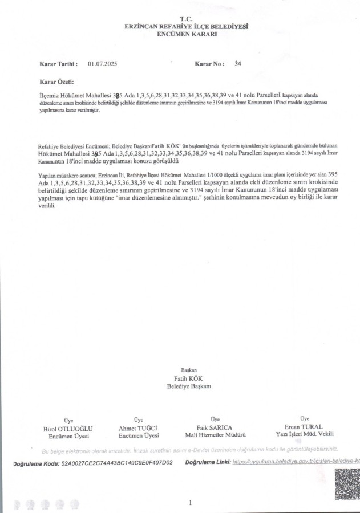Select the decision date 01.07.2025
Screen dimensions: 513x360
102,64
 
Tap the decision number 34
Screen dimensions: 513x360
238,64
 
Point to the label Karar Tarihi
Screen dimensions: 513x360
58,64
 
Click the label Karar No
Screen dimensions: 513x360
209,64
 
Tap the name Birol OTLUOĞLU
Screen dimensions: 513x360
68,428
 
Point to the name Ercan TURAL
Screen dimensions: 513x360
303,426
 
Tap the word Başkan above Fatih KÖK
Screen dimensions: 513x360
188,370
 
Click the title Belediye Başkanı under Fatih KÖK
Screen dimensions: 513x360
189,386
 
